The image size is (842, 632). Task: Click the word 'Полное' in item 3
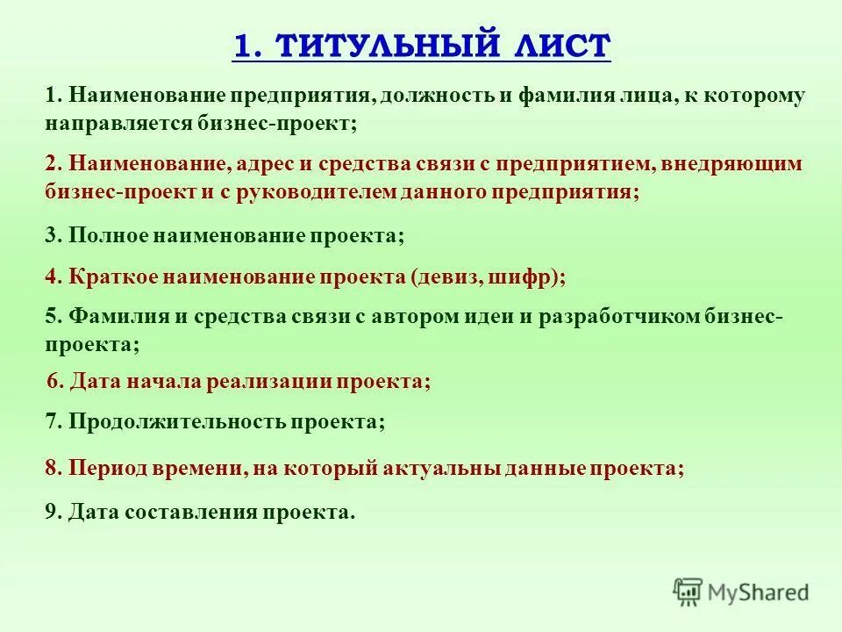click(x=109, y=236)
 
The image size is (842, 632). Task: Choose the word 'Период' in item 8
click(x=108, y=469)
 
